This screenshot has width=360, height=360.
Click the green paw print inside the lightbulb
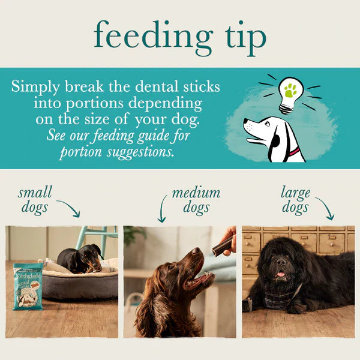pos(291,90)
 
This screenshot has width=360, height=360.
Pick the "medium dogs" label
pos(196,200)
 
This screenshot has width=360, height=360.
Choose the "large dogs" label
pos(295,200)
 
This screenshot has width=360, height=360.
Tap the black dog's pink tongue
pos(280,276)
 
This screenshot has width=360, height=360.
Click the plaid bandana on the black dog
pos(277,298)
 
